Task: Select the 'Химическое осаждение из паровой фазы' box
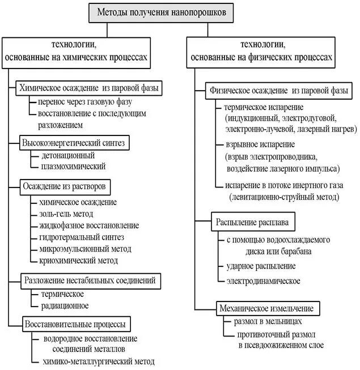coord(89,88)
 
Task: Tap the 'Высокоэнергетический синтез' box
coord(72,142)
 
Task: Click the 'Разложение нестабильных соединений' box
coord(89,280)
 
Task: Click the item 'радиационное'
coord(65,305)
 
